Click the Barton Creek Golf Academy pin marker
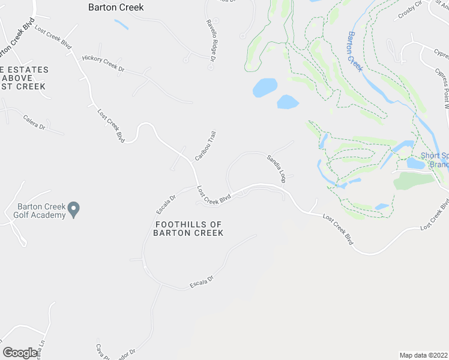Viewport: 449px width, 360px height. [74, 209]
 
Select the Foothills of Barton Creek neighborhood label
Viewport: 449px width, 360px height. [188, 229]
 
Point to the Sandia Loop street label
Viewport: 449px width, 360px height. [276, 169]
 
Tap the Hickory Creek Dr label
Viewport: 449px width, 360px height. [103, 64]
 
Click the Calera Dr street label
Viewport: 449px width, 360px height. [34, 122]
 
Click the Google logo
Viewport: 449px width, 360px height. [20, 353]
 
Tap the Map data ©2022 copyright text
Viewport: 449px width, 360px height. [423, 355]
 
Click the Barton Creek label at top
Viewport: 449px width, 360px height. [116, 8]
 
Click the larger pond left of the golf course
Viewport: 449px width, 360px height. [264, 88]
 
